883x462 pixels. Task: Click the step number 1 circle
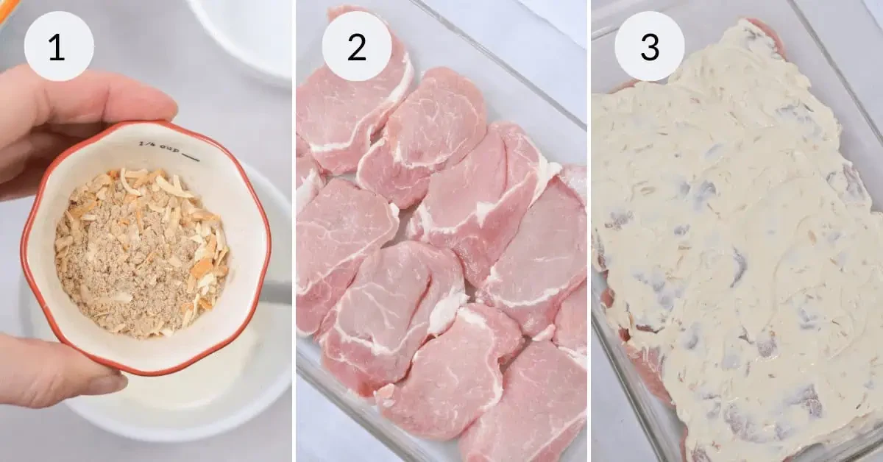coord(59,46)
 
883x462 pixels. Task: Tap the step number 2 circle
coord(356,46)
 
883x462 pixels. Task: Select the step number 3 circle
coord(649,46)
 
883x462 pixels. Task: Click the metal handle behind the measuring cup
coord(276,293)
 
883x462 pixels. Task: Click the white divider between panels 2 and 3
coord(589,231)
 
